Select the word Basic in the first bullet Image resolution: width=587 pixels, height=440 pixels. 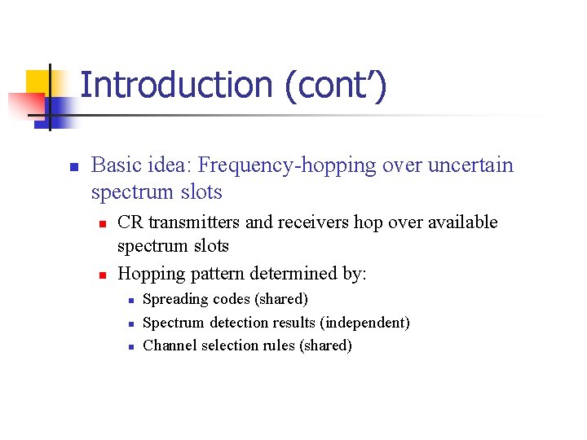click(x=116, y=165)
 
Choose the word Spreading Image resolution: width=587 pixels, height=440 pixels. click(x=175, y=299)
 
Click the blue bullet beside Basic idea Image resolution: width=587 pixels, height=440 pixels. click(x=73, y=167)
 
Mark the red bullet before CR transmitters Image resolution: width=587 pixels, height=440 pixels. click(x=101, y=223)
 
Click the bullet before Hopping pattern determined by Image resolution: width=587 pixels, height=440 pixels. click(x=101, y=275)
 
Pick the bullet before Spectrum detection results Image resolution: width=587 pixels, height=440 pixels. click(x=129, y=323)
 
